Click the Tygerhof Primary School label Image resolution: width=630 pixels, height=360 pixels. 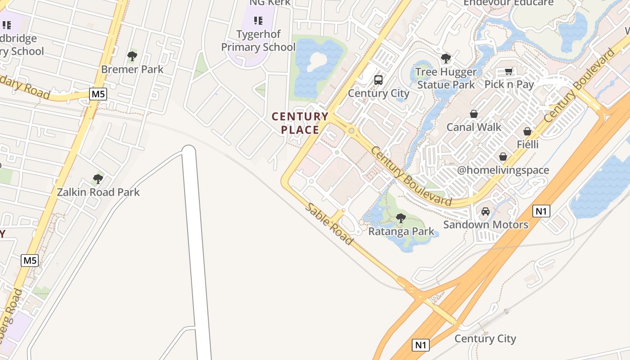[x=258, y=40]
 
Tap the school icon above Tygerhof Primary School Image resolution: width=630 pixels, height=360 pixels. [x=258, y=20]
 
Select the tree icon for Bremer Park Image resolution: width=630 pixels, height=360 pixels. [x=132, y=56]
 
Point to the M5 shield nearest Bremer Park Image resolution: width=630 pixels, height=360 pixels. [x=98, y=94]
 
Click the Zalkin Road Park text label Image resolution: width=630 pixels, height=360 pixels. [x=98, y=192]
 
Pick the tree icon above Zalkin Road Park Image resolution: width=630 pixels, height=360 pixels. [x=98, y=179]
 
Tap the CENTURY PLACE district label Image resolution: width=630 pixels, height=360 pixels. [x=300, y=123]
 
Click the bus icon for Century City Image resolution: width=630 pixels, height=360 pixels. [x=378, y=80]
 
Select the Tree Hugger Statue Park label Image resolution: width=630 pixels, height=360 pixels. [x=445, y=78]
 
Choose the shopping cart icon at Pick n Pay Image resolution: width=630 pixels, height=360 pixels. [x=508, y=72]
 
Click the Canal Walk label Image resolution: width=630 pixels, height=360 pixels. [x=473, y=127]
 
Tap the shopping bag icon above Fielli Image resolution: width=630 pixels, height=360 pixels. [x=527, y=132]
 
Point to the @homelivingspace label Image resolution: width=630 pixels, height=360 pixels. [x=503, y=170]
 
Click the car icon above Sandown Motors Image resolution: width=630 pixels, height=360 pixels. [x=486, y=211]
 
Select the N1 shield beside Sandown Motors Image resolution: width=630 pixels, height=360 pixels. [x=541, y=211]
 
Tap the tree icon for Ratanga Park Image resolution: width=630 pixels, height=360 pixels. [x=400, y=218]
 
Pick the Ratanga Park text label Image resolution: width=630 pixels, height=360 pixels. [x=401, y=232]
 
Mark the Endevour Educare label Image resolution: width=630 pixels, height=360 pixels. [x=508, y=3]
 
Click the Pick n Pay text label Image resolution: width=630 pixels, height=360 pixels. [x=509, y=84]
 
